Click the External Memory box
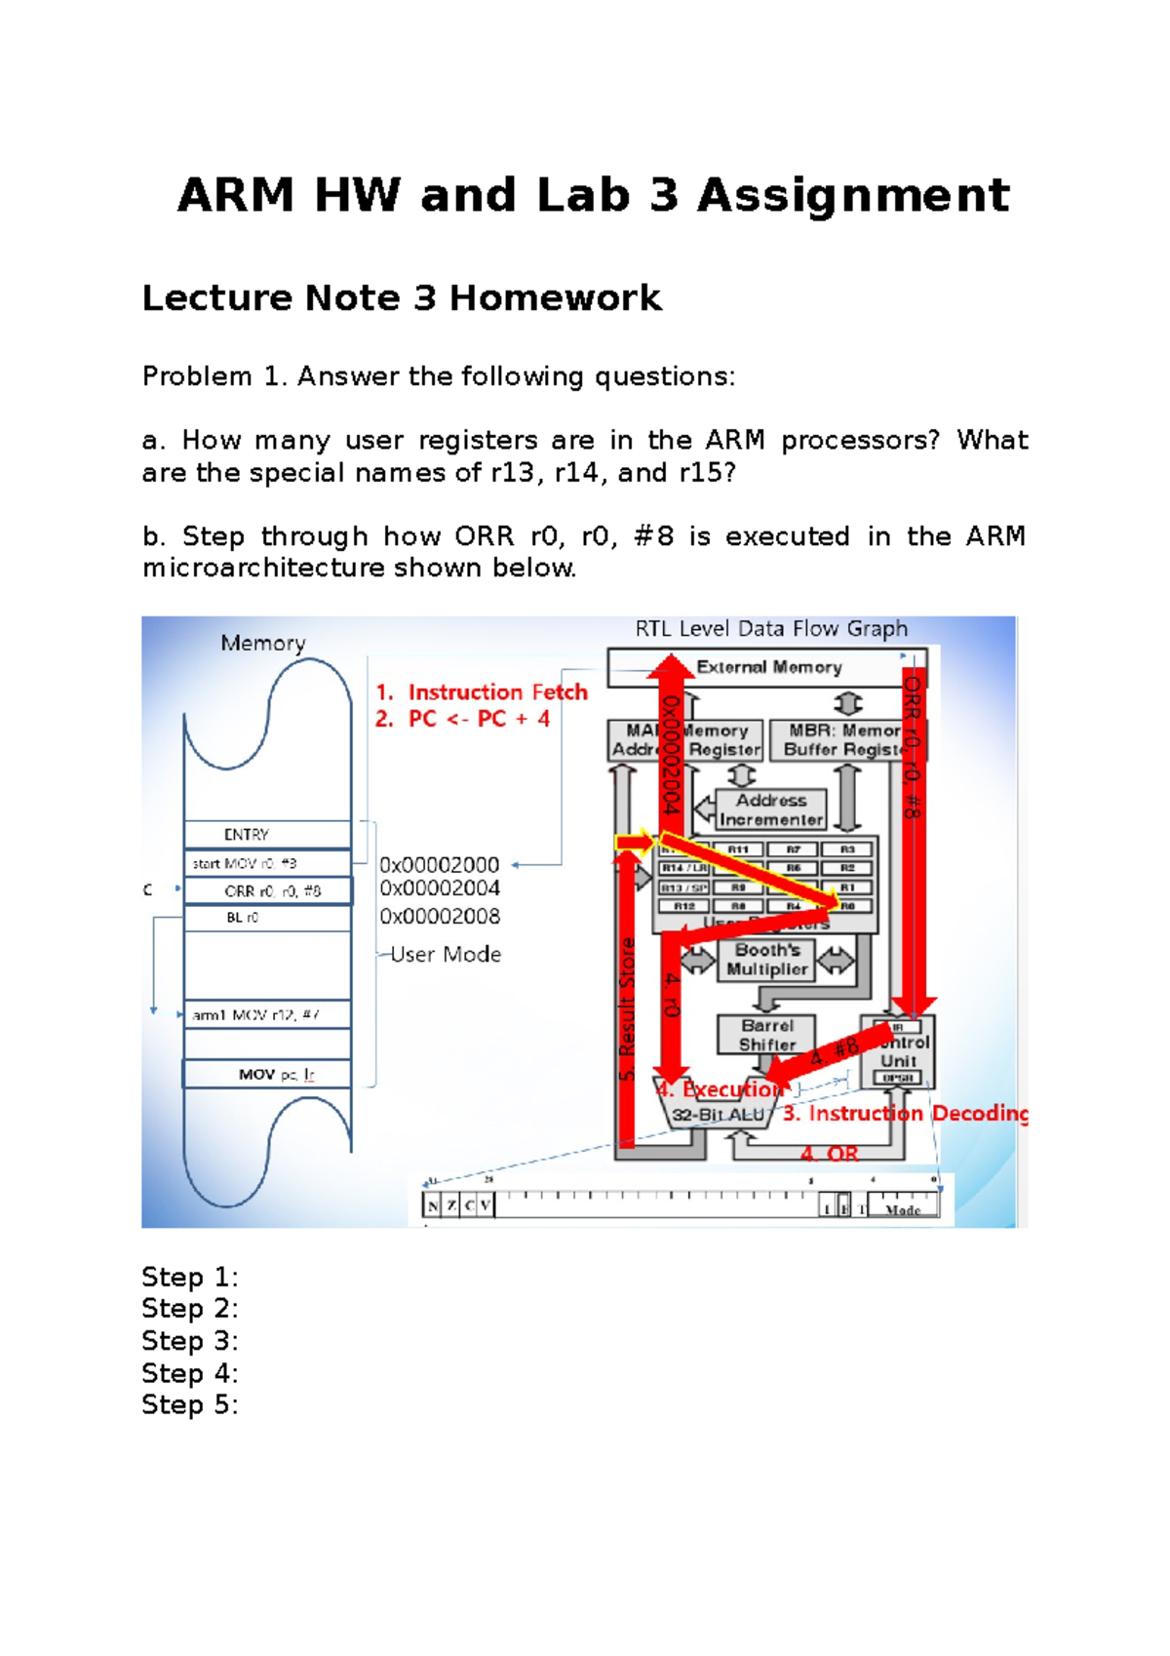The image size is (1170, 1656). click(769, 667)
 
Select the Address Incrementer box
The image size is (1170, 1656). click(770, 809)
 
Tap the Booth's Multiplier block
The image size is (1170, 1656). click(767, 960)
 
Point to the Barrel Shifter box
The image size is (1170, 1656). click(766, 1035)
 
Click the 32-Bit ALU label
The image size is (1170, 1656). click(719, 1115)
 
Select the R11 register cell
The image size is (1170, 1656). click(739, 849)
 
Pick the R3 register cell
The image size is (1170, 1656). click(847, 849)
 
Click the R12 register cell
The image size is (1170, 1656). click(684, 906)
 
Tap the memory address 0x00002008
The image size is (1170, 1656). click(440, 917)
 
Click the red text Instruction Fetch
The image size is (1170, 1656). click(497, 692)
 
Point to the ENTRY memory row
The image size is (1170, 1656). click(247, 835)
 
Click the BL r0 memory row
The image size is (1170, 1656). click(243, 918)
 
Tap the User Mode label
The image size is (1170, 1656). click(446, 955)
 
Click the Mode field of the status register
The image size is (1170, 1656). click(903, 1209)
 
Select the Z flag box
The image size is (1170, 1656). click(451, 1206)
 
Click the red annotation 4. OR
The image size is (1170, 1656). click(830, 1155)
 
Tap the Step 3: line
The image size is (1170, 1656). click(190, 1341)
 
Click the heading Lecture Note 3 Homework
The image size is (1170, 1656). click(402, 297)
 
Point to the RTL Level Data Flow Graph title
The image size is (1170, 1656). click(771, 629)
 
